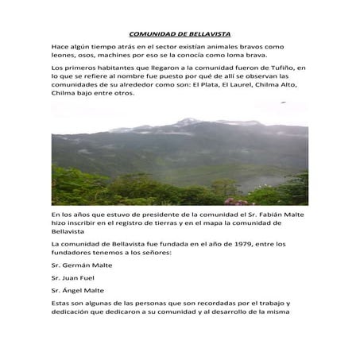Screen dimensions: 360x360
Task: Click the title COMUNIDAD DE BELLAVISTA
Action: click(x=180, y=34)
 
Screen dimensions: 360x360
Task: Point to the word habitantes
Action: click(x=107, y=69)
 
